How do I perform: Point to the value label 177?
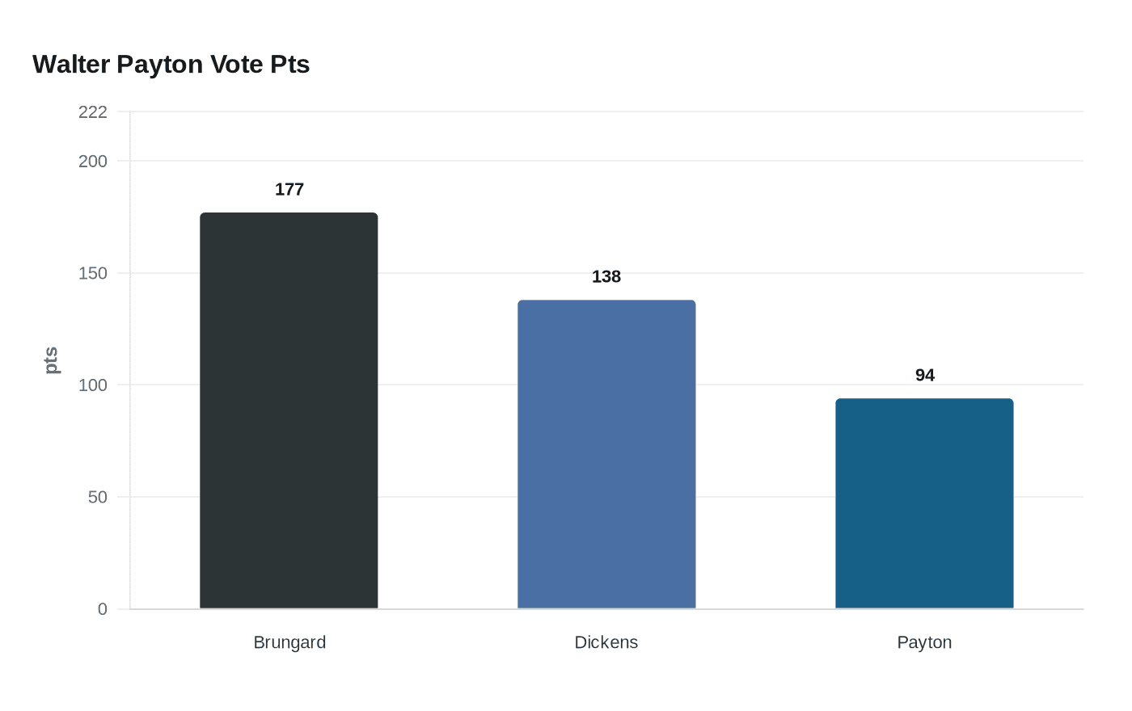(x=289, y=190)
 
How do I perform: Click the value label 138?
(x=606, y=277)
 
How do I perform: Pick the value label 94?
(x=925, y=376)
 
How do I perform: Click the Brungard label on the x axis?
(x=289, y=642)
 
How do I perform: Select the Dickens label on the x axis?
(x=606, y=642)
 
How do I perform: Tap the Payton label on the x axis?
(x=924, y=642)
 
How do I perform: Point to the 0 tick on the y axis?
(x=103, y=609)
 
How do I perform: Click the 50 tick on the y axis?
(x=98, y=497)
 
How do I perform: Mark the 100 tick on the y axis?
(x=93, y=385)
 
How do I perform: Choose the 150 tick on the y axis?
(x=93, y=273)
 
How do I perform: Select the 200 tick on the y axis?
(x=93, y=162)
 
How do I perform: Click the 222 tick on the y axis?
(x=93, y=112)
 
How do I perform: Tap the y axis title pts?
(x=51, y=360)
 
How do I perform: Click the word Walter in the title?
(x=71, y=65)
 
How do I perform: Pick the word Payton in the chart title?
(x=160, y=65)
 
